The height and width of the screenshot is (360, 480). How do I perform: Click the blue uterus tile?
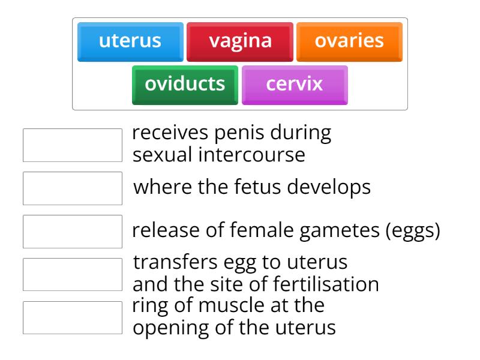(130, 41)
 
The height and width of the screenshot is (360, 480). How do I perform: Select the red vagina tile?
(240, 41)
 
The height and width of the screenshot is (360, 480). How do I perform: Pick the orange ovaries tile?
(349, 41)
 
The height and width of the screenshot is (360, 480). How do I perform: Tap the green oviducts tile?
(185, 84)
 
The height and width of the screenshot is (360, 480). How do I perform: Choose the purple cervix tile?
(295, 84)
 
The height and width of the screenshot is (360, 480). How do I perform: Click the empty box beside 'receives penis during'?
(73, 145)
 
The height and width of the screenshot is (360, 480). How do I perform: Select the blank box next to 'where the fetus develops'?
(73, 188)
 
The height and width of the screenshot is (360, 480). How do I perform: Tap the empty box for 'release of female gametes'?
(73, 232)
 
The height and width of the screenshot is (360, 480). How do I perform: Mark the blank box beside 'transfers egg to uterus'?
(73, 274)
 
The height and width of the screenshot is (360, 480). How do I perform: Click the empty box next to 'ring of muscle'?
(73, 317)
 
